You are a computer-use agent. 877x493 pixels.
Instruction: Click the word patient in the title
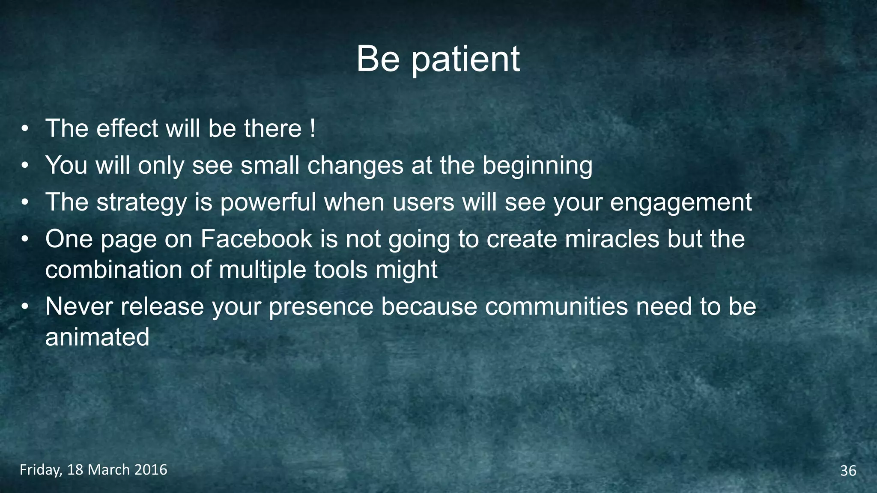[465, 59]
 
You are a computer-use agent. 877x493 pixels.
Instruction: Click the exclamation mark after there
[313, 128]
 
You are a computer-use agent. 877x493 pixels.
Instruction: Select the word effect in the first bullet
[127, 128]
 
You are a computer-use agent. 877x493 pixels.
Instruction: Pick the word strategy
[142, 202]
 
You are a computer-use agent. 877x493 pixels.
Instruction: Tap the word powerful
[268, 202]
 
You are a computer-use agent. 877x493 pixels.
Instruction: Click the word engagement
[680, 202]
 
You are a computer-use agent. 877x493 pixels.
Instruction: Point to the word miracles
[612, 239]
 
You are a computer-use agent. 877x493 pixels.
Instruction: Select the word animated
[97, 337]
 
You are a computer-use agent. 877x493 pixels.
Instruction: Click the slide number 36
[848, 471]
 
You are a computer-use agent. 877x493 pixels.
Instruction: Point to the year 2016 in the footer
[151, 470]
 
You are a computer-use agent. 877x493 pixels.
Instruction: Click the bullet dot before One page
[25, 239]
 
